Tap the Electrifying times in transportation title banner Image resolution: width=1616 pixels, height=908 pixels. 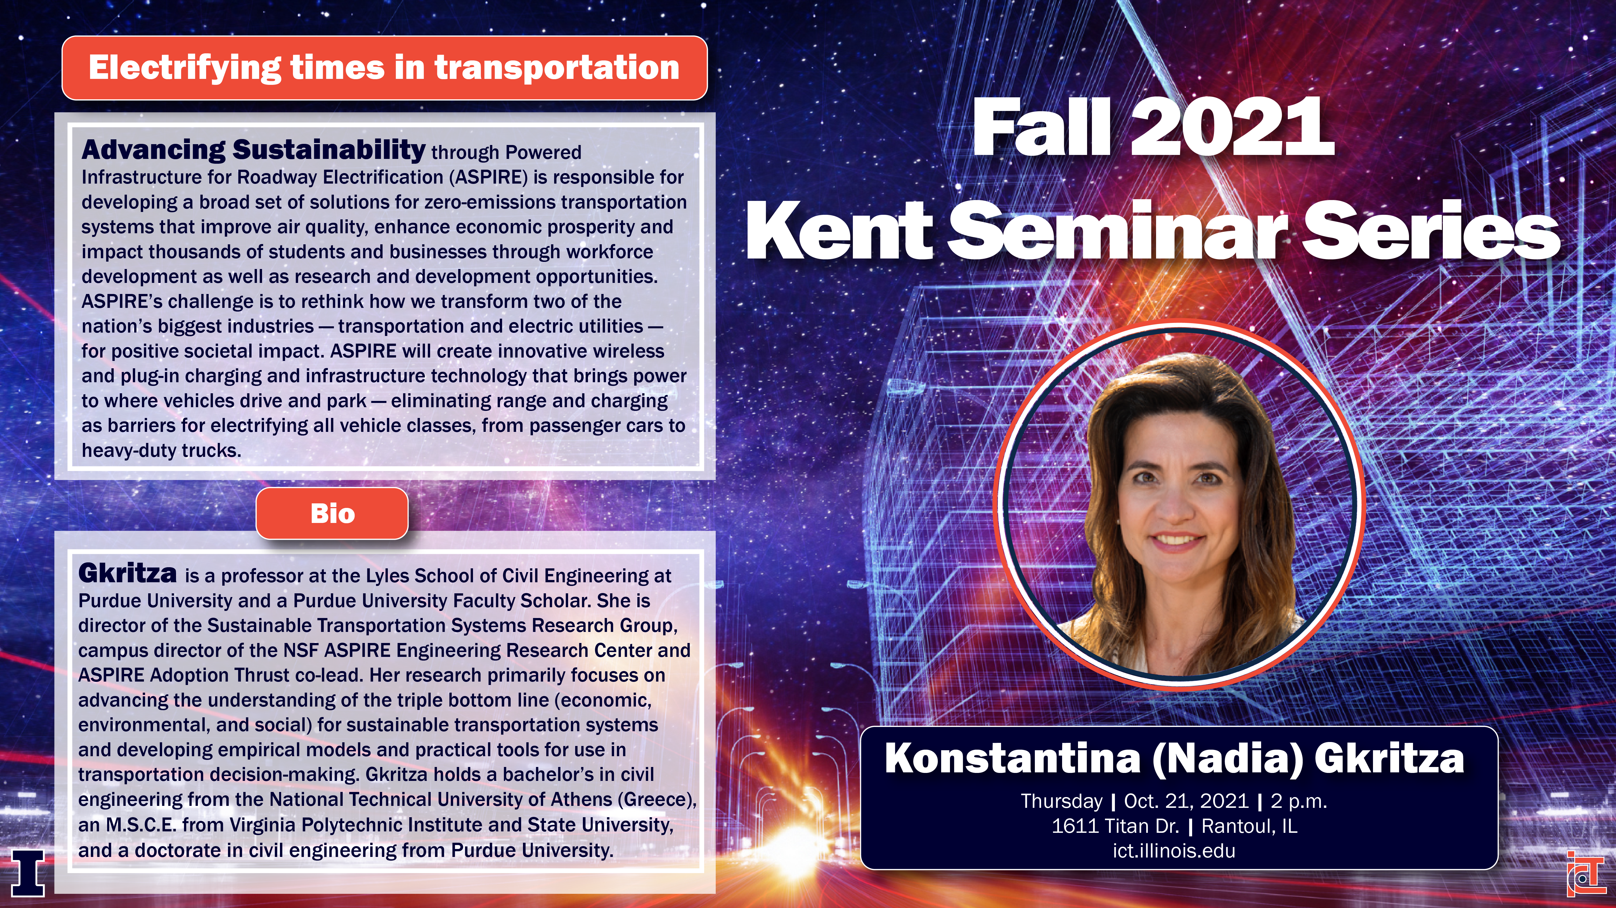click(385, 68)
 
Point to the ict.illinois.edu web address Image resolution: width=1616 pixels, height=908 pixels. click(1174, 851)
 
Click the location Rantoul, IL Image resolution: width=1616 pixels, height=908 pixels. click(1249, 826)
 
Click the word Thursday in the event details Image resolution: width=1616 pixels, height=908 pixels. click(1062, 801)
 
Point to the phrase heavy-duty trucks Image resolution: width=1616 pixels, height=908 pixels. click(161, 450)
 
